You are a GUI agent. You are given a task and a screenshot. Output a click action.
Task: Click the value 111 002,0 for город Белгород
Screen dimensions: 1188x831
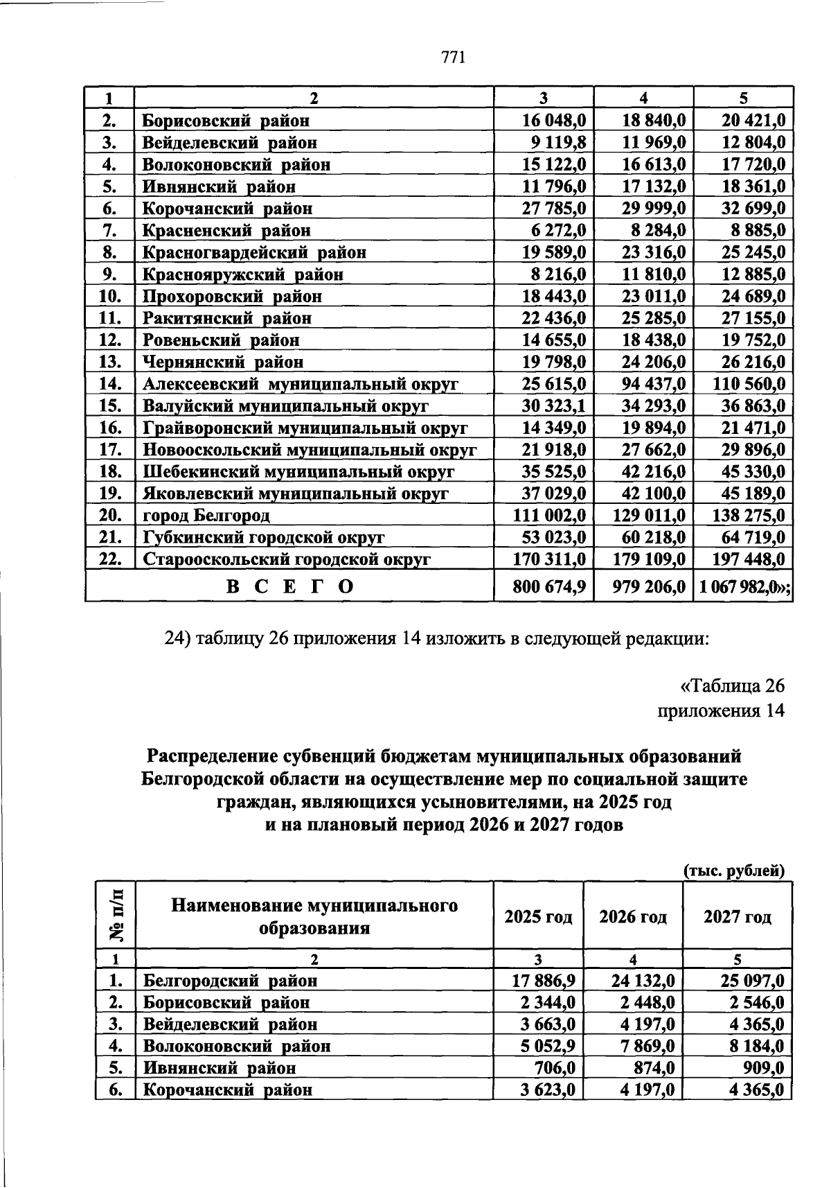(x=550, y=516)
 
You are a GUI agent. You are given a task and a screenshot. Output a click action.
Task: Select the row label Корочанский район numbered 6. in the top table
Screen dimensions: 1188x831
(x=227, y=209)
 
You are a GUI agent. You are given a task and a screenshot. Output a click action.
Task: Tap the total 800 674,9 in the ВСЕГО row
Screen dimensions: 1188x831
(x=550, y=587)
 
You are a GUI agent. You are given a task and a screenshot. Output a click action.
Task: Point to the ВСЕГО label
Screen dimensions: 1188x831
(x=289, y=587)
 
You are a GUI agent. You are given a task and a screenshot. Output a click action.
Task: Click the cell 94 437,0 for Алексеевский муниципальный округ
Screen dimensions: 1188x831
(x=651, y=384)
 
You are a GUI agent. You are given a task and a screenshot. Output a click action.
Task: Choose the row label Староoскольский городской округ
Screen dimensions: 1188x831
(x=287, y=559)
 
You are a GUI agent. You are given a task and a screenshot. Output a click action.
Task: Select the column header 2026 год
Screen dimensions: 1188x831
(x=633, y=917)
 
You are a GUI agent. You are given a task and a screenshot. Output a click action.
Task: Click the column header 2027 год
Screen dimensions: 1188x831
(x=737, y=917)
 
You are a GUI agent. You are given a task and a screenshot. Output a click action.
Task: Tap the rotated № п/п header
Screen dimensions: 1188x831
(x=116, y=915)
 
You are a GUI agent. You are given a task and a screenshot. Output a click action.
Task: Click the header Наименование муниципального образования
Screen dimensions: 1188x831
(x=314, y=916)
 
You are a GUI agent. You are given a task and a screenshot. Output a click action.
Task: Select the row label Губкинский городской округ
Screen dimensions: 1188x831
(x=263, y=538)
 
